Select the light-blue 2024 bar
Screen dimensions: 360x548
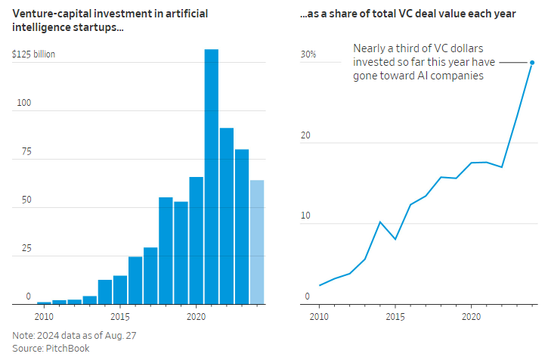coord(257,242)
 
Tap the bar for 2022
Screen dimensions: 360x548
coord(227,216)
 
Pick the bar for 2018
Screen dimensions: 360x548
coord(166,250)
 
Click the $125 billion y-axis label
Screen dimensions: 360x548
coord(33,54)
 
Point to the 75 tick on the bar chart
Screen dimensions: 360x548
coord(26,151)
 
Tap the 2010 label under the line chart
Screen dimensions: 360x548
coord(320,315)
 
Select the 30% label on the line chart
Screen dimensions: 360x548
coord(308,54)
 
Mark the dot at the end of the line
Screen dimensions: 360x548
coord(532,63)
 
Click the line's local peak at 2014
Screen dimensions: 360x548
coord(380,222)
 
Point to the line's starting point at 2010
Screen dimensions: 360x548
coord(320,285)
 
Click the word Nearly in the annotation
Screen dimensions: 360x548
coord(368,48)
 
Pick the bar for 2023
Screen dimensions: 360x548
coord(242,227)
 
